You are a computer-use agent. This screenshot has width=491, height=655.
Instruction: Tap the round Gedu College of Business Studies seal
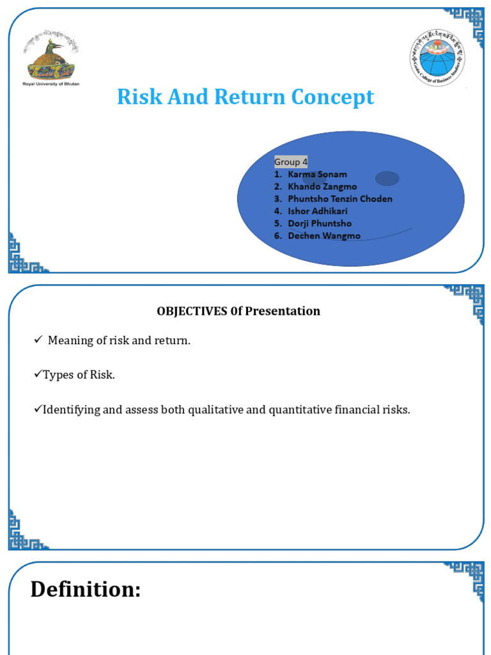click(437, 58)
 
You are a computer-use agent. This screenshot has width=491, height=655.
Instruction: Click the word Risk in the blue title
click(136, 97)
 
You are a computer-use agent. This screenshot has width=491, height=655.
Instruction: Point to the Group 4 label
click(291, 162)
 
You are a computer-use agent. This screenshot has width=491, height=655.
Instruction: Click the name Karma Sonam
click(317, 174)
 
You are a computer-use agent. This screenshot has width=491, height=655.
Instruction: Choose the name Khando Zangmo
click(322, 186)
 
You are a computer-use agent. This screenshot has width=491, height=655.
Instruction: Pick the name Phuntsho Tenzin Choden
click(339, 199)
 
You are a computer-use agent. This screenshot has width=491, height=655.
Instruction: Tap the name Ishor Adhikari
click(318, 211)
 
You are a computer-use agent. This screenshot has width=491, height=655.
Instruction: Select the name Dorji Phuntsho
click(320, 223)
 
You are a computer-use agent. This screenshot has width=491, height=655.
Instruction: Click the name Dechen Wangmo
click(323, 236)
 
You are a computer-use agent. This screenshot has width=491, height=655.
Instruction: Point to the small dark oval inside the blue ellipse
click(387, 178)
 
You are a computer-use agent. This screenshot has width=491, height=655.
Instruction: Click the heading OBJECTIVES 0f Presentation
click(238, 312)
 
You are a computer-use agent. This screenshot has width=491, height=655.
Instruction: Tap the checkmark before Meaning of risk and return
click(38, 340)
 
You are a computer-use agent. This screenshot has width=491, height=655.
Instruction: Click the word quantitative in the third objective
click(300, 409)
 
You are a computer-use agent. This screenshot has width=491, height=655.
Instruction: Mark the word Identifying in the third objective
click(71, 409)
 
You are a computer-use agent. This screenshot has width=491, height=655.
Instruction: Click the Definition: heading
click(86, 589)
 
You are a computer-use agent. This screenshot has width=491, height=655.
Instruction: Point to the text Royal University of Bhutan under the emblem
click(51, 84)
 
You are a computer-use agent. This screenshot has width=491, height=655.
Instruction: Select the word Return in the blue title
click(251, 97)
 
